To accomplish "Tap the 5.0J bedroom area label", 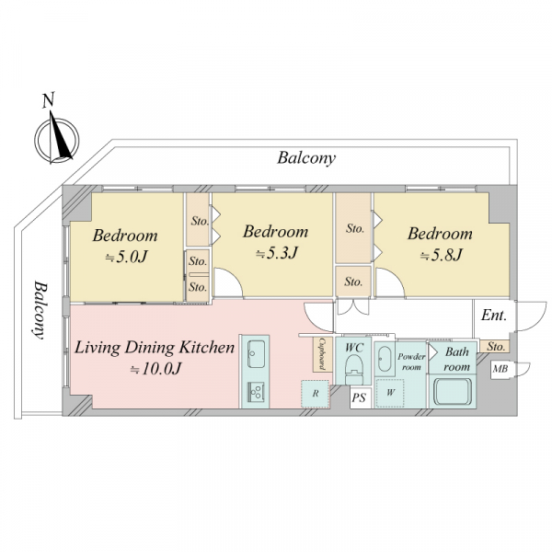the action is point(126,257).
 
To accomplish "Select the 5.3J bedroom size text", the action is point(277,253).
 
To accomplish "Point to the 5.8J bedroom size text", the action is point(441,255).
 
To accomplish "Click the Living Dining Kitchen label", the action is point(155,348).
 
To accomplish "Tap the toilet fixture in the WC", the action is point(354,369).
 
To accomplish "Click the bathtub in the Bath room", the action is point(453,392).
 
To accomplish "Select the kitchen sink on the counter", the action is point(256,353).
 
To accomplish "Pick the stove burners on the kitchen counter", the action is point(256,392).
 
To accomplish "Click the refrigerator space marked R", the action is point(316,394).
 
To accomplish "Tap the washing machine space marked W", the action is point(390,393).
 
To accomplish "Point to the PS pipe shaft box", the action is point(359,397).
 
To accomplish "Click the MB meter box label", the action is point(500,369).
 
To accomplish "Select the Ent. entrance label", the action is point(493,315).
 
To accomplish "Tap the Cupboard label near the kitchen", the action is point(321,354).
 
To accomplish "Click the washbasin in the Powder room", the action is point(384,359).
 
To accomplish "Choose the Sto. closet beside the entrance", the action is point(495,347).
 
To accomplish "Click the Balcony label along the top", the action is point(306,158).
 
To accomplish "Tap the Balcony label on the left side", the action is point(40,310).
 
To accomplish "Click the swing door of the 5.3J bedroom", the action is point(228,282).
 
